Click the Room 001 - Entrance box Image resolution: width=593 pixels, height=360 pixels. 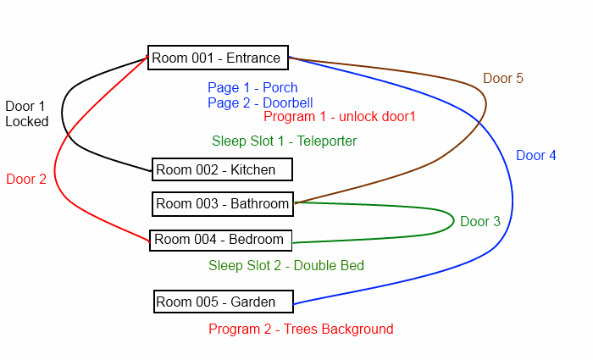218,58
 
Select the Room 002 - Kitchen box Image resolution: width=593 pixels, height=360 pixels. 222,169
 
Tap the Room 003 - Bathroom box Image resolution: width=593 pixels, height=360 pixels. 222,204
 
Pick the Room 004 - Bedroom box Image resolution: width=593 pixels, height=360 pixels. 221,240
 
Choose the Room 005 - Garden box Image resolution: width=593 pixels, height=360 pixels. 223,302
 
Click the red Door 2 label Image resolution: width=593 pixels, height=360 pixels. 26,179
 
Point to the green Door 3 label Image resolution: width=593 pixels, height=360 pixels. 480,221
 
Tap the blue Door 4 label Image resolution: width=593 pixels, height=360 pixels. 536,155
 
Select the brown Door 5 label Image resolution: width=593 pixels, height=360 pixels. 503,78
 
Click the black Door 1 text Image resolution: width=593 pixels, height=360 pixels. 25,106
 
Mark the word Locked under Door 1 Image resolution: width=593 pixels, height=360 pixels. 27,121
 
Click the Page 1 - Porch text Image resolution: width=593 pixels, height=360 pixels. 252,88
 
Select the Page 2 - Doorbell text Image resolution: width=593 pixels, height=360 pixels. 260,102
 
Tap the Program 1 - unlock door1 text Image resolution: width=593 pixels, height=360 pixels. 339,117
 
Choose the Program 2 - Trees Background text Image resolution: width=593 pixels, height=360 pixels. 301,329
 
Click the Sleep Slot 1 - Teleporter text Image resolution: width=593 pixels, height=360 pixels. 284,141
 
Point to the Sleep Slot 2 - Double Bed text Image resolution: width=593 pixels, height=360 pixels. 286,265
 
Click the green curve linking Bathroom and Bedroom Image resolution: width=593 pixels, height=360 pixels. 453,221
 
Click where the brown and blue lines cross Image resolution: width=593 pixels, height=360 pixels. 479,122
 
